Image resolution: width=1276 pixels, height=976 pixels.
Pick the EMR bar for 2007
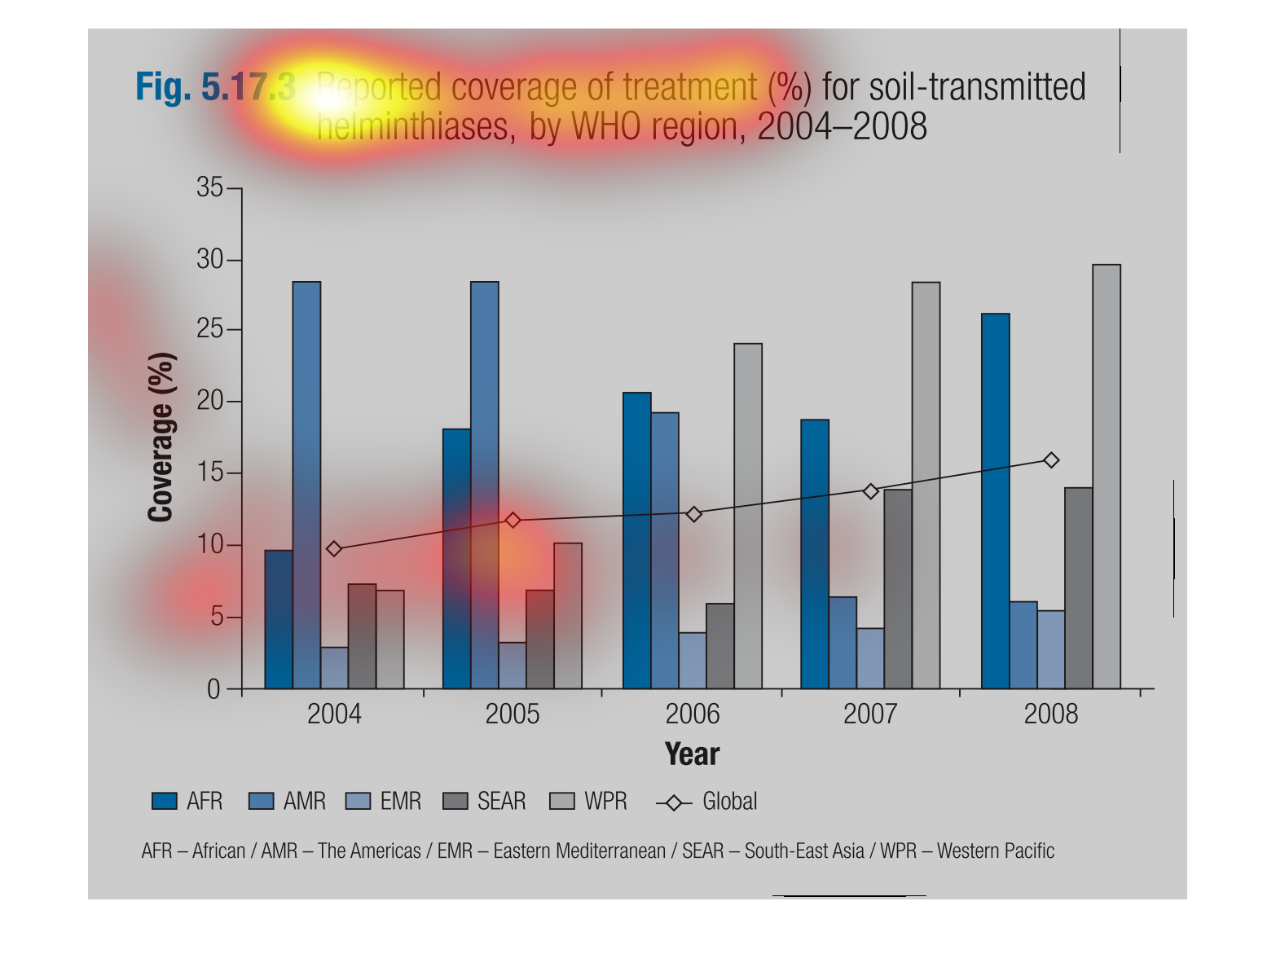[869, 658]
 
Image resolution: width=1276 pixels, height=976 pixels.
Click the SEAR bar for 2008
[1078, 588]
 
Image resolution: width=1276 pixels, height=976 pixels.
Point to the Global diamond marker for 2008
[1051, 460]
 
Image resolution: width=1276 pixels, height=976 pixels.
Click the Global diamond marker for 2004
[333, 549]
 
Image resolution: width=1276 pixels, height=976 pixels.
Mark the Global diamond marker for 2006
[693, 514]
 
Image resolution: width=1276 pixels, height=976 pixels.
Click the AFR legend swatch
[164, 802]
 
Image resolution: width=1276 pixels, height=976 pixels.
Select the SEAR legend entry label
[501, 802]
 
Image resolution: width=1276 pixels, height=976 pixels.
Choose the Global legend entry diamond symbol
[674, 802]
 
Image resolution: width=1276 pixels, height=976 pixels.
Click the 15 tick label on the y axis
[209, 473]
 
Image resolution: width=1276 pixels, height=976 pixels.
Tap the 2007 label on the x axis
[869, 714]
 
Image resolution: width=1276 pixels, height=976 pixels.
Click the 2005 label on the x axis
[512, 714]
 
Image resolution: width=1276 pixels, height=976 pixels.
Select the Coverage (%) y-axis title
[161, 437]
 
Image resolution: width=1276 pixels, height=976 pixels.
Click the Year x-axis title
[692, 754]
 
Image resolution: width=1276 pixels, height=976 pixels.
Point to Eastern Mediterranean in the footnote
[579, 851]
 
